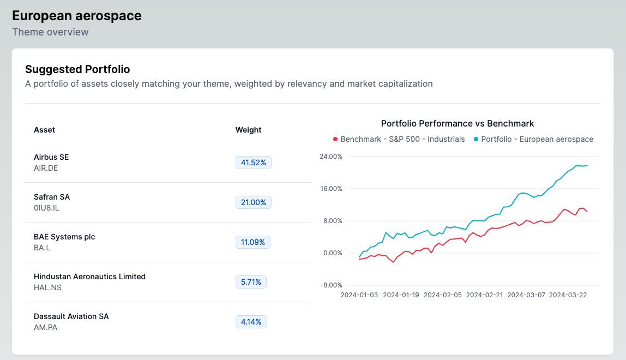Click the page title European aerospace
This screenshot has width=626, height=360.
coord(77,16)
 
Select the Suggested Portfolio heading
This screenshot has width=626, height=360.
coord(77,69)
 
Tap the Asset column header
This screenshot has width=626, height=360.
coord(44,130)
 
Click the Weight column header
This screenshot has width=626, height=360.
coord(248,130)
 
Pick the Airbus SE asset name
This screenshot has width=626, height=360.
coord(51,157)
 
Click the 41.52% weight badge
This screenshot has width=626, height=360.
coord(253,163)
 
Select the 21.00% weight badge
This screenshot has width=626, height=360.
coord(253,202)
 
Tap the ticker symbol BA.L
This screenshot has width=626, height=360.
coord(42,248)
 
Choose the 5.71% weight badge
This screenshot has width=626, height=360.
coord(251,282)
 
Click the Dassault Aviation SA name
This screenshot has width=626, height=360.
coord(71,316)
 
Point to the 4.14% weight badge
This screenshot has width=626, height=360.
coord(251,322)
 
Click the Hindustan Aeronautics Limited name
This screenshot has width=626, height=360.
coord(89,277)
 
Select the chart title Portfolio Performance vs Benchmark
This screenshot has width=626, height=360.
coord(458,123)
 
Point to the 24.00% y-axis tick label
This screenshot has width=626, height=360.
coord(330,157)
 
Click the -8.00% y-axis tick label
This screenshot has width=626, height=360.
coord(330,285)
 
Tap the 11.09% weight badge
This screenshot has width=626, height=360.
coord(253,242)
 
